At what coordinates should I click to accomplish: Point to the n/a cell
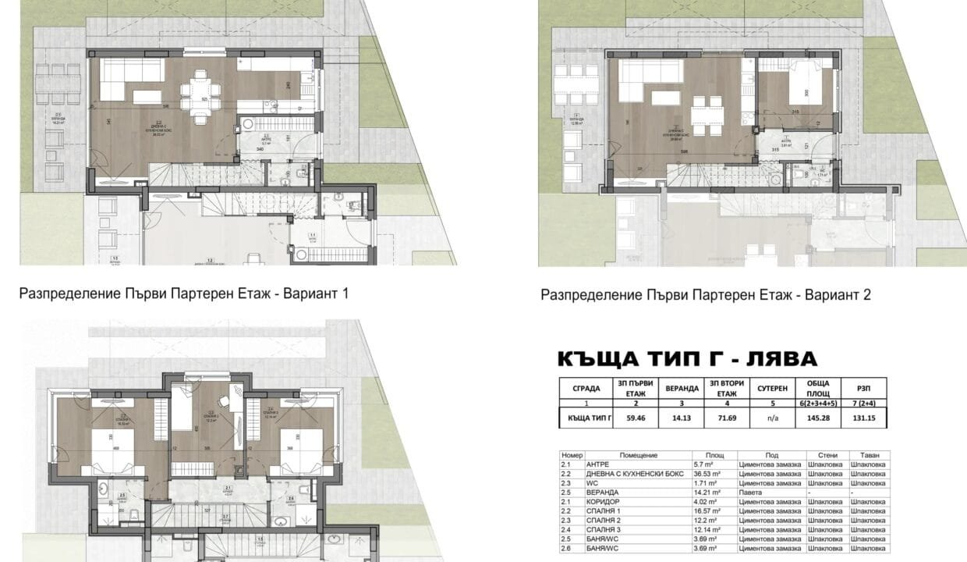coord(771,418)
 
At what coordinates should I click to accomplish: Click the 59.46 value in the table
coord(635,418)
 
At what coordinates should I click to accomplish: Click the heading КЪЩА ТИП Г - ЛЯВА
coord(687,359)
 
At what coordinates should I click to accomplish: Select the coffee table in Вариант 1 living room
coord(147,97)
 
